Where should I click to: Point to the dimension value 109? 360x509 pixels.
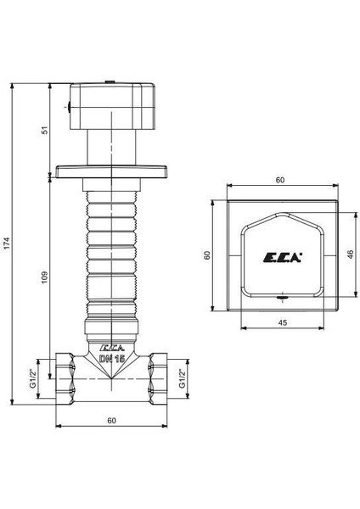pos(45,276)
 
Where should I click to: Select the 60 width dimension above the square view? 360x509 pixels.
pos(279,180)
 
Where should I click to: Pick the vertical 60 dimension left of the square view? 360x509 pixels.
pos(205,255)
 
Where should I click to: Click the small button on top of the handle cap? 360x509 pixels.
pos(111,81)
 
